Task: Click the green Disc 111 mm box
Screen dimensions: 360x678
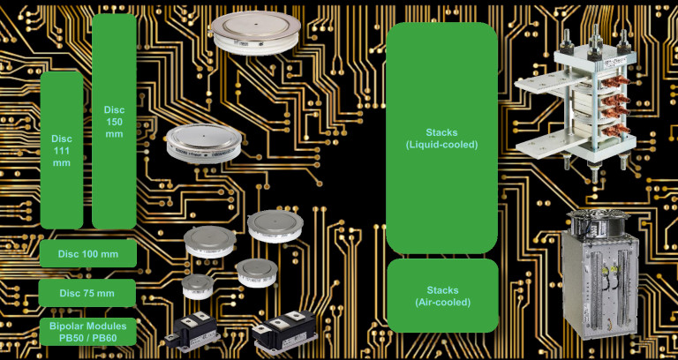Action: pyautogui.click(x=62, y=150)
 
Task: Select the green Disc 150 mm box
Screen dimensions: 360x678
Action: pyautogui.click(x=114, y=121)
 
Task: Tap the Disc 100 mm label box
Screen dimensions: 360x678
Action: pyautogui.click(x=88, y=254)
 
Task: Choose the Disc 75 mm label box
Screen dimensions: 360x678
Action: pyautogui.click(x=88, y=293)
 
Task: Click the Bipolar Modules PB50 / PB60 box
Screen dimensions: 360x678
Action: pyautogui.click(x=88, y=332)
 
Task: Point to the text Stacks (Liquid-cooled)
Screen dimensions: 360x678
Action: pyautogui.click(x=441, y=139)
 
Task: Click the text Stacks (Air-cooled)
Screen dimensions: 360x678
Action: pyautogui.click(x=442, y=296)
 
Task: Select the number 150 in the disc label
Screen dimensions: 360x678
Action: pyautogui.click(x=114, y=121)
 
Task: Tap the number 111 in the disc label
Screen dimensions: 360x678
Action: pyautogui.click(x=62, y=151)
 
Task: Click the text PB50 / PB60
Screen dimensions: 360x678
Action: pyautogui.click(x=88, y=339)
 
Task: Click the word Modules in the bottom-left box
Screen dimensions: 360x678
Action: pyautogui.click(x=107, y=326)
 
